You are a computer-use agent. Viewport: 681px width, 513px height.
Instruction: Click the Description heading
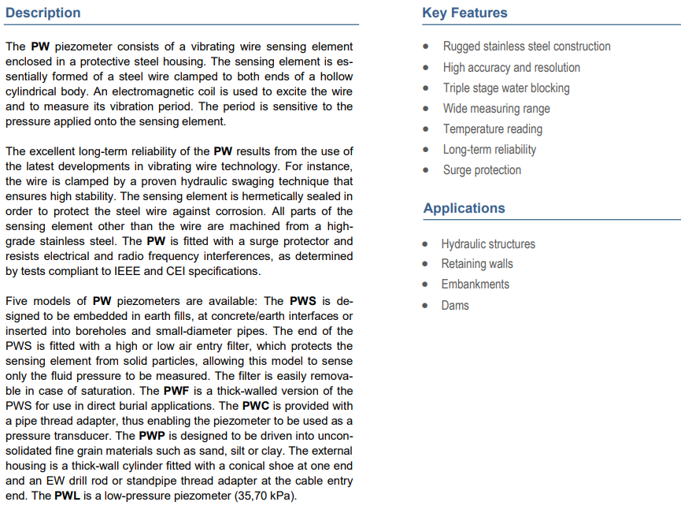43,13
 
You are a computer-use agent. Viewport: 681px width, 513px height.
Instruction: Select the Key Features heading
464,13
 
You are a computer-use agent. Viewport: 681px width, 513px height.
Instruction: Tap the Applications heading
464,208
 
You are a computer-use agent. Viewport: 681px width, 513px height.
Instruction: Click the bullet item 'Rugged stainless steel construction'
526,46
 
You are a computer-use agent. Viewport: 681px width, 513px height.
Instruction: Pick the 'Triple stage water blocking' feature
505,88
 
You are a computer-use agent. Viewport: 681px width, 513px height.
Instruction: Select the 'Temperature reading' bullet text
492,129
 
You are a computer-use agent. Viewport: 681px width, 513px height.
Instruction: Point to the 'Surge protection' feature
481,170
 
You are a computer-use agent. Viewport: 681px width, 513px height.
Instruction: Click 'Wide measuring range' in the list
496,109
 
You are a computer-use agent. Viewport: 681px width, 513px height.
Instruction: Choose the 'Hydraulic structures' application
487,244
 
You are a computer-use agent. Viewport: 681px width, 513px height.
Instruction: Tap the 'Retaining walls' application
476,264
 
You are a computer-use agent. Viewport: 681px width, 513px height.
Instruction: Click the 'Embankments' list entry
475,284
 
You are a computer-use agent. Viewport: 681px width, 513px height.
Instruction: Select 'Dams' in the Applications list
454,305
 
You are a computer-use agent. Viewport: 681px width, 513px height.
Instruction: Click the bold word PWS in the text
303,301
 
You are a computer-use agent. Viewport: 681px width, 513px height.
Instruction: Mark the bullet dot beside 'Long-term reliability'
426,150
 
